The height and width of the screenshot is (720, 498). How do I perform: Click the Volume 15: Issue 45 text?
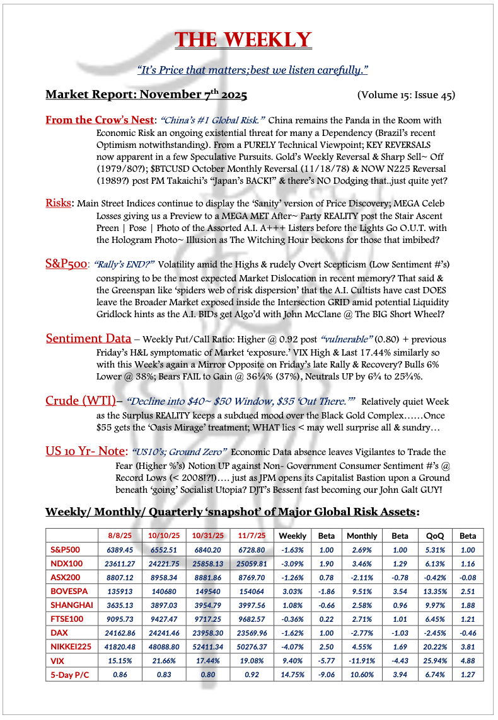(x=405, y=96)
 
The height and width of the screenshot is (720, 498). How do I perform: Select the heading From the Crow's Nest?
(x=100, y=120)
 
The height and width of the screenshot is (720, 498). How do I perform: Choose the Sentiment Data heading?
(x=88, y=339)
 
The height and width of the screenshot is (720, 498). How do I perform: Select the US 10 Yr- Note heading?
(x=86, y=451)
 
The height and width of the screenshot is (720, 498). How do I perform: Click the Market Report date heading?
(x=146, y=95)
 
